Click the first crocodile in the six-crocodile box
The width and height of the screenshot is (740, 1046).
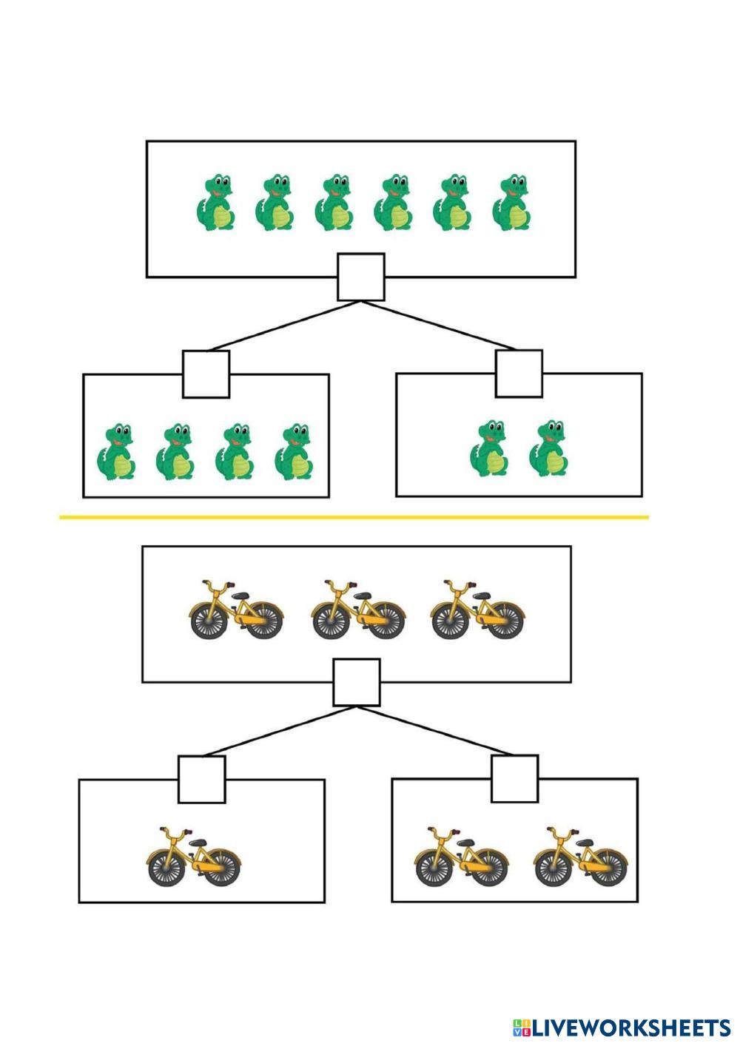[x=216, y=203]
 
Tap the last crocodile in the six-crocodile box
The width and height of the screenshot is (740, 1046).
[x=511, y=203]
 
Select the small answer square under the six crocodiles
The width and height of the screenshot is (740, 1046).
[x=361, y=277]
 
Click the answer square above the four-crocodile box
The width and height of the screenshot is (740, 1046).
[x=206, y=374]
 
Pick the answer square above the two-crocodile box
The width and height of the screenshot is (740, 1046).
[x=519, y=374]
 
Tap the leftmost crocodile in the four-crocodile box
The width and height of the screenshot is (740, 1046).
[x=116, y=452]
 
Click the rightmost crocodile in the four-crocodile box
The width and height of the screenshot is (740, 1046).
[x=294, y=452]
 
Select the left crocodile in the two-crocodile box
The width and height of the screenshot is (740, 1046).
[x=489, y=448]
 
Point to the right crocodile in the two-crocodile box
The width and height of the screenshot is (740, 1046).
[x=548, y=448]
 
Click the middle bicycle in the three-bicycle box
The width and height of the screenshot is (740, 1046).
[x=358, y=610]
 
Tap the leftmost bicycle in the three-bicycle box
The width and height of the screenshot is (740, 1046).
[x=236, y=610]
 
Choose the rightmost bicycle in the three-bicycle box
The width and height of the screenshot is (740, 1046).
[x=477, y=610]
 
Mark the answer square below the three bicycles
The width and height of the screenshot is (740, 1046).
[x=357, y=682]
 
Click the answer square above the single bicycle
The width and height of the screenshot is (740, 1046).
[x=202, y=779]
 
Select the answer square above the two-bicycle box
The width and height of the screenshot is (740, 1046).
[x=515, y=778]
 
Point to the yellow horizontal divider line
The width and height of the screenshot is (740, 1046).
[x=354, y=517]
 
